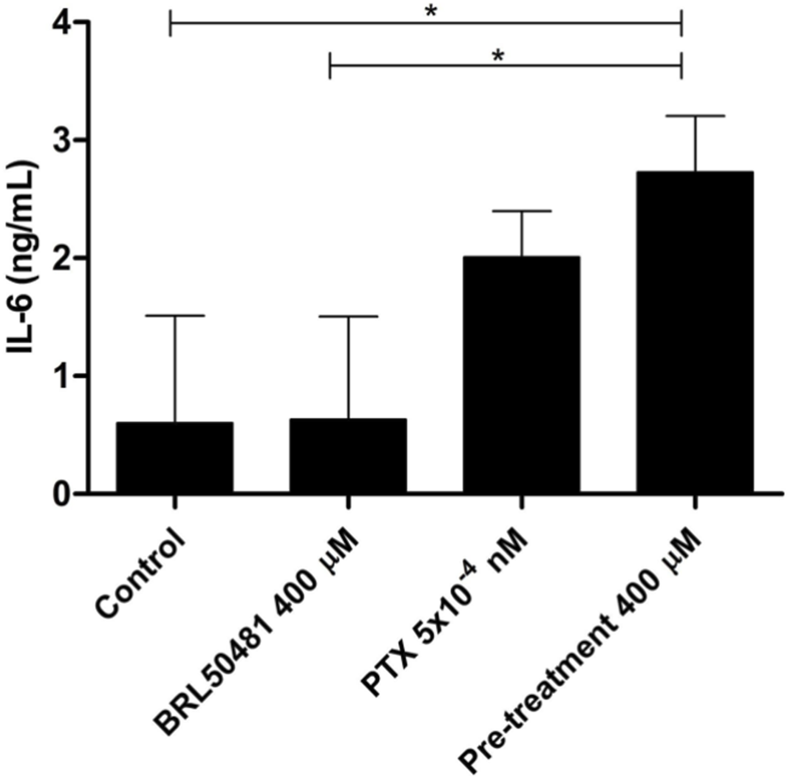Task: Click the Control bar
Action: pos(175,458)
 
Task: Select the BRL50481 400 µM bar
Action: pos(347,456)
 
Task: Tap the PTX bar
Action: pos(521,375)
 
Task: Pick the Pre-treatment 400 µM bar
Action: pos(694,332)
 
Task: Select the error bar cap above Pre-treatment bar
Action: pos(694,116)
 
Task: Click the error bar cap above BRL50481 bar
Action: pos(347,316)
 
